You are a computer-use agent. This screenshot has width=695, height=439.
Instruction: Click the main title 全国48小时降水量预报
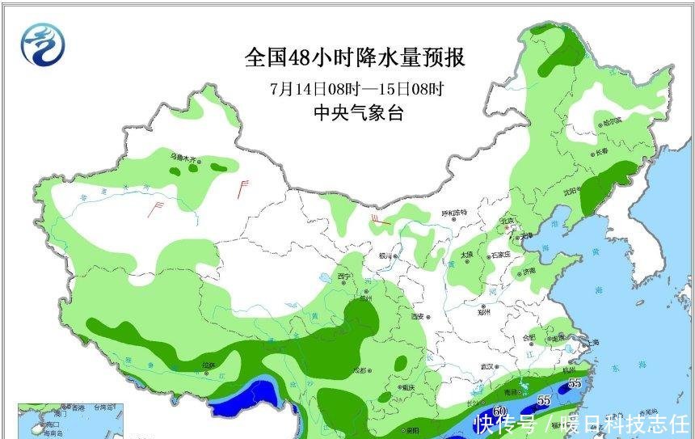355,59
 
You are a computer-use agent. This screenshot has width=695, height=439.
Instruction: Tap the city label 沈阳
572,192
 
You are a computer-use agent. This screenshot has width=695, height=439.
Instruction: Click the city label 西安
418,316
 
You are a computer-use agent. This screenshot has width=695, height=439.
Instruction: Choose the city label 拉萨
208,366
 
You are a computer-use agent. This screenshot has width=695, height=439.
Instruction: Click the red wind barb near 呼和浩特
378,220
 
